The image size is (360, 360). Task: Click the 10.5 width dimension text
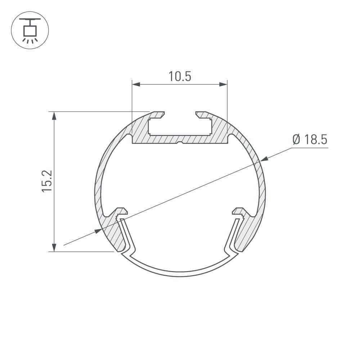(x=179, y=76)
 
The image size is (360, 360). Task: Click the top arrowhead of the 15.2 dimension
(x=54, y=116)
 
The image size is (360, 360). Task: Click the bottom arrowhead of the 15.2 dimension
(x=54, y=247)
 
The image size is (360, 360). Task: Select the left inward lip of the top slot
(x=158, y=115)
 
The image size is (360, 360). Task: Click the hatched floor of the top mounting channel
(x=180, y=139)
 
